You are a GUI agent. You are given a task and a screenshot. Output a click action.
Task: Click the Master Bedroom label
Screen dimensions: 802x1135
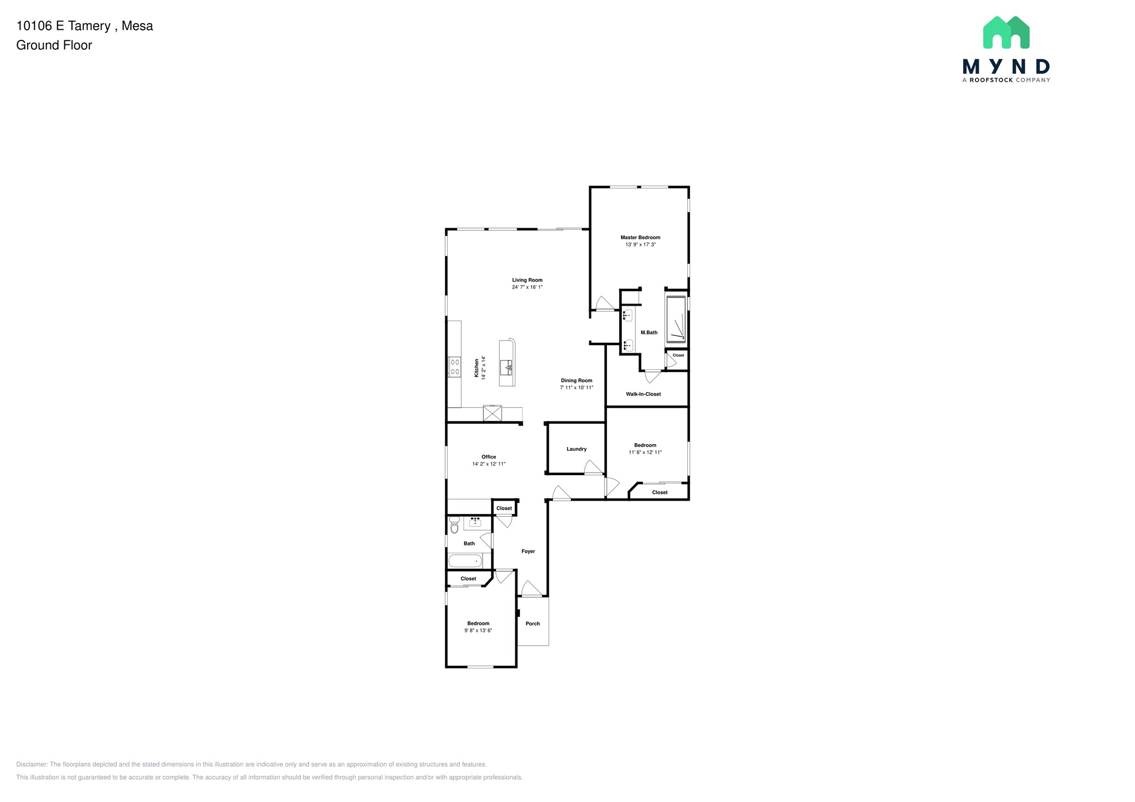click(x=640, y=237)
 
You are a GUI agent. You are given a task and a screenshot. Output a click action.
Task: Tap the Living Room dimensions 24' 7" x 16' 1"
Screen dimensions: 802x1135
click(x=527, y=287)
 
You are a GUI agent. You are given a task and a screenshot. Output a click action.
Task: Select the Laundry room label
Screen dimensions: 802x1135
click(x=576, y=449)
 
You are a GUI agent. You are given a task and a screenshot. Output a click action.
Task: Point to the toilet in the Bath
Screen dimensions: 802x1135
click(x=454, y=525)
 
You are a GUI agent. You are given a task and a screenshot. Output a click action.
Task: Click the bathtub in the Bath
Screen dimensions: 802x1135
click(x=465, y=561)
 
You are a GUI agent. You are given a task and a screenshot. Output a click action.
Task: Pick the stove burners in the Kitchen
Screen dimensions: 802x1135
click(x=454, y=367)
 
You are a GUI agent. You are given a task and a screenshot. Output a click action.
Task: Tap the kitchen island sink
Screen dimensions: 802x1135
click(x=507, y=367)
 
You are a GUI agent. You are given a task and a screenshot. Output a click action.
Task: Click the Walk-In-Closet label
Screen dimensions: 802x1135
click(x=643, y=394)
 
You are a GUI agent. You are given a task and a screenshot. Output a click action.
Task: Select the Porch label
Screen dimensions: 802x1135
click(x=533, y=624)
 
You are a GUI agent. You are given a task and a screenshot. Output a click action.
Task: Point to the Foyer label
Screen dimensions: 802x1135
click(x=528, y=551)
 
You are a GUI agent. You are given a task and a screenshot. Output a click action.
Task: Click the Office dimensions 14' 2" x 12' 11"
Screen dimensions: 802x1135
click(x=489, y=464)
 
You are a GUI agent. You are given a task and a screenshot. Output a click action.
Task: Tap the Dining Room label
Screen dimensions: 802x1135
click(x=576, y=381)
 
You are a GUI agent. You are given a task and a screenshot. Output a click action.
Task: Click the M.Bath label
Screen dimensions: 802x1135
click(x=649, y=332)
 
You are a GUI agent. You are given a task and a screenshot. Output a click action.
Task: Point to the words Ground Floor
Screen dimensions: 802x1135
click(x=54, y=45)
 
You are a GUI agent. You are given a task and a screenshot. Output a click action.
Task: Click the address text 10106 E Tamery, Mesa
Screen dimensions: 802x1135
click(x=85, y=26)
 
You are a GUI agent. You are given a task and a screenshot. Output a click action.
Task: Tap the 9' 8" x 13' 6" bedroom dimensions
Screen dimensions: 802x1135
click(x=478, y=630)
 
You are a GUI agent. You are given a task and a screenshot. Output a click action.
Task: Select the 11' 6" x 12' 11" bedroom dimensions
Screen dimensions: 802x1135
click(x=645, y=453)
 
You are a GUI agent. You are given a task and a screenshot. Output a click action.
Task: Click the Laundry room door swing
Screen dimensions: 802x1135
click(x=592, y=467)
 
